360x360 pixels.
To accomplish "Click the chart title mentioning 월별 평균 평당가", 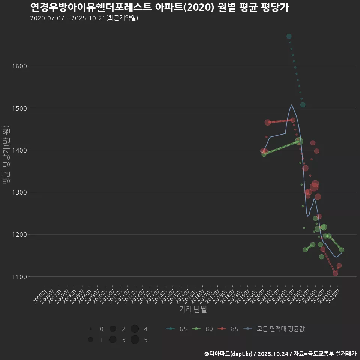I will pyautogui.click(x=159, y=7).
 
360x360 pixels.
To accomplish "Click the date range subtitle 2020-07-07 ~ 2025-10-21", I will pyautogui.click(x=84, y=18).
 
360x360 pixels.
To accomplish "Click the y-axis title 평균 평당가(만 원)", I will pyautogui.click(x=6, y=154).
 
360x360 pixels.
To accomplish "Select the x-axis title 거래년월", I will pyautogui.click(x=193, y=309).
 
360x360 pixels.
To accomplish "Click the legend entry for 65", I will pyautogui.click(x=177, y=329).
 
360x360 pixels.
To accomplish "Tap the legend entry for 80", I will pyautogui.click(x=203, y=329).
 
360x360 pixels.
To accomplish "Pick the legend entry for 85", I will pyautogui.click(x=229, y=329).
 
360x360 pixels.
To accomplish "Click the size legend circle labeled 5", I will pyautogui.click(x=135, y=340).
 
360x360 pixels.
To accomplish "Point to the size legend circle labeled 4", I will pyautogui.click(x=135, y=329).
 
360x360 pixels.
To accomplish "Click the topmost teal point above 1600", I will pyautogui.click(x=289, y=36).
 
